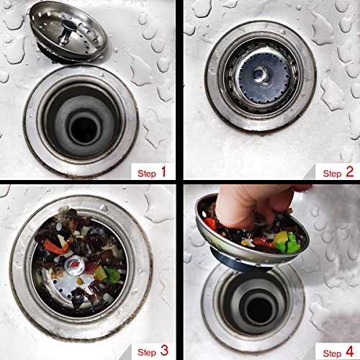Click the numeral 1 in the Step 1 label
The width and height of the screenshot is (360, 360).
coord(163,172)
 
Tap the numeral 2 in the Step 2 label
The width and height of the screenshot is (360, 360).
coord(349,172)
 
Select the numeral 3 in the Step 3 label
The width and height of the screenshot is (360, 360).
coord(164,351)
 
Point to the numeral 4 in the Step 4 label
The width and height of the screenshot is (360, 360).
coord(349,351)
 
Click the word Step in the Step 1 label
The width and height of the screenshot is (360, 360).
coord(147,174)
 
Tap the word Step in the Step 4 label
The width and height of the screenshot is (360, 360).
coord(333,354)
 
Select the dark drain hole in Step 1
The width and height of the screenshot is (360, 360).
coord(84,130)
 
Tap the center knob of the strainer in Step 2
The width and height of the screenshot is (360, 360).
coord(259,73)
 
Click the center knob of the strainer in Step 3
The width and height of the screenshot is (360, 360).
coord(73,266)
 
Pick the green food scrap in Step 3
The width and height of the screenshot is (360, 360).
coord(112,276)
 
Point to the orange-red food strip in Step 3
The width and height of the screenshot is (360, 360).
coord(55,246)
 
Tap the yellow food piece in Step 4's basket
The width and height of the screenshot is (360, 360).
coord(281,237)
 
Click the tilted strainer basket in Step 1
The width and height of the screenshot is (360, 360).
coord(68,35)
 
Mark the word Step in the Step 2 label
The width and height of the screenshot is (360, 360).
coord(333,174)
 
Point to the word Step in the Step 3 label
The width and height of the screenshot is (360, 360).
coord(147,353)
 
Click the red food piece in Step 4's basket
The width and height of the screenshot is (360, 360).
coord(211,225)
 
